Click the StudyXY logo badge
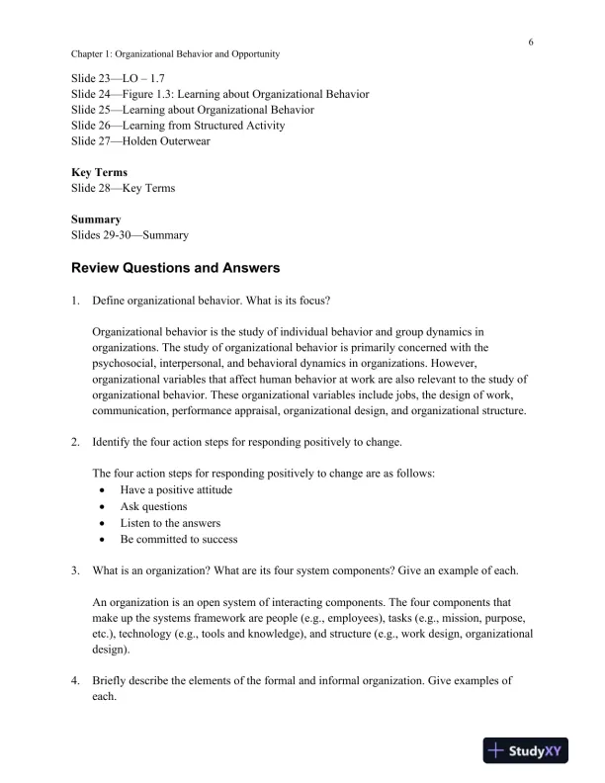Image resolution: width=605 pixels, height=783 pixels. pos(529,751)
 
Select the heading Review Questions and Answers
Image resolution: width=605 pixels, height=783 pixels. pos(176,268)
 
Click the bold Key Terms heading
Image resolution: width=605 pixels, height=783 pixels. pos(99,172)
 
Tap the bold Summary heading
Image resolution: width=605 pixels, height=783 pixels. pos(96,219)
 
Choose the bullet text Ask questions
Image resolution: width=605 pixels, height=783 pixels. pos(153,506)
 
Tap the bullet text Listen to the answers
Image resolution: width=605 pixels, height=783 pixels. pos(170,523)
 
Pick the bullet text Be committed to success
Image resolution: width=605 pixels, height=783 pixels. pos(179,540)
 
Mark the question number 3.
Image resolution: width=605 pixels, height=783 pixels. pos(75,570)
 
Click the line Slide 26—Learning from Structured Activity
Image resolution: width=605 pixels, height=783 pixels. pos(179,125)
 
